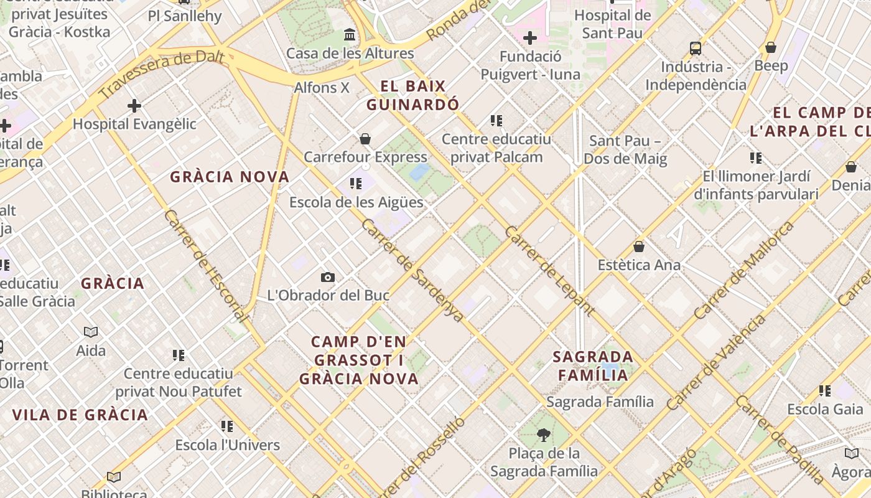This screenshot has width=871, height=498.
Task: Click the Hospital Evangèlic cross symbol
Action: [x=134, y=106]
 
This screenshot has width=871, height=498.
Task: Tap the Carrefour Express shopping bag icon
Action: [x=365, y=139]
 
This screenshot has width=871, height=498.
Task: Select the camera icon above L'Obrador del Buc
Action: [x=328, y=277]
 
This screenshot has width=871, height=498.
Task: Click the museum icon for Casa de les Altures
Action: [x=350, y=35]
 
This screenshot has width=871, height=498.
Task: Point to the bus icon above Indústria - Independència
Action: [x=696, y=48]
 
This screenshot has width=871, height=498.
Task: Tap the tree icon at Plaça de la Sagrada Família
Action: [x=544, y=435]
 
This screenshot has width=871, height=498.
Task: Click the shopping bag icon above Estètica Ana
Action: [x=639, y=247]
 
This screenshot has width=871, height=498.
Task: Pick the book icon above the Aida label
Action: [x=91, y=332]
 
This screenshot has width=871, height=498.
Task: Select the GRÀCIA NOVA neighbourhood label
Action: [x=230, y=177]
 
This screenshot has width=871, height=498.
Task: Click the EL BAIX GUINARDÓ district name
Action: [x=413, y=95]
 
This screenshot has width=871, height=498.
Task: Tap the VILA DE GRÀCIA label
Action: [x=80, y=415]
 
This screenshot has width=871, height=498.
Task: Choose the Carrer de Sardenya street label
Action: [x=412, y=270]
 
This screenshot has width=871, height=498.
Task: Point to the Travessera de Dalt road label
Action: [x=161, y=75]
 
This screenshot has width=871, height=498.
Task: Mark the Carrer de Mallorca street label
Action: [x=744, y=270]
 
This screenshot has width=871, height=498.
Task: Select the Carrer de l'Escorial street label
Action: [x=205, y=266]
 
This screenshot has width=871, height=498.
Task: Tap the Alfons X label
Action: [x=322, y=88]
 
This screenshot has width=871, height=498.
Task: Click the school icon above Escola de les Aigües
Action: [x=356, y=184]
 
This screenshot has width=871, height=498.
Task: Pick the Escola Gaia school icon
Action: [x=825, y=391]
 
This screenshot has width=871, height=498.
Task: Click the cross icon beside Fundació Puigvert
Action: [x=530, y=39]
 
